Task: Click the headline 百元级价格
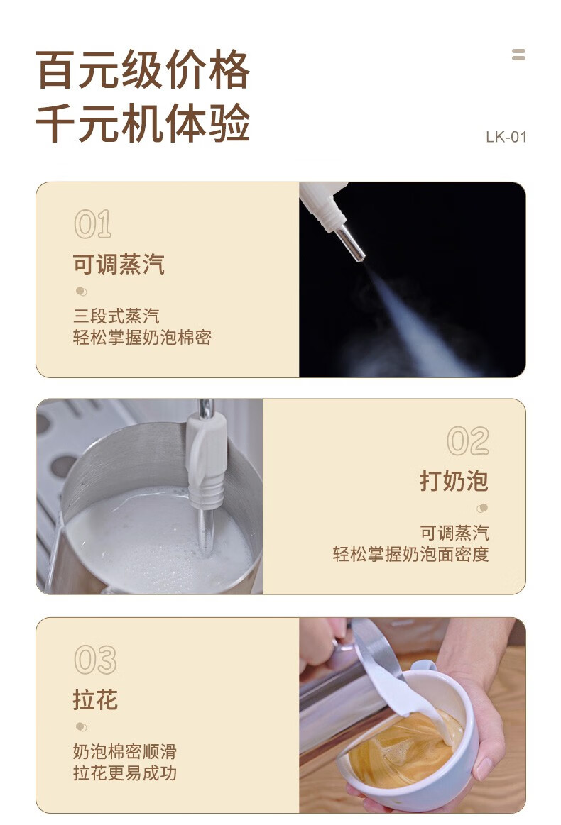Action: coord(143,70)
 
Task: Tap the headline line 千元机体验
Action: coord(143,123)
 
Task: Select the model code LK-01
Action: coord(506,138)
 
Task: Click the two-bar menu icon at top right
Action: coord(519,54)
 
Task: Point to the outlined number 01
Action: coord(93,224)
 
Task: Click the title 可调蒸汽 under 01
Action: coord(119,264)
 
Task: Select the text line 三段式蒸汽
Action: coord(116,316)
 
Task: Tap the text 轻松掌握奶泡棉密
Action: coord(142,337)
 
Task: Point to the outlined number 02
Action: coord(468,441)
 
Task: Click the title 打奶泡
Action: coord(454,481)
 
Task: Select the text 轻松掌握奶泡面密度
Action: coord(411,554)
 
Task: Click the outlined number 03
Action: coord(95,660)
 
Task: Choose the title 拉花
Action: coord(95,699)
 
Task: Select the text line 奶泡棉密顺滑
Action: coord(125,751)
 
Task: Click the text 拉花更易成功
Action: coord(125,773)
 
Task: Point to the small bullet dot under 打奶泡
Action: coord(482,508)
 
